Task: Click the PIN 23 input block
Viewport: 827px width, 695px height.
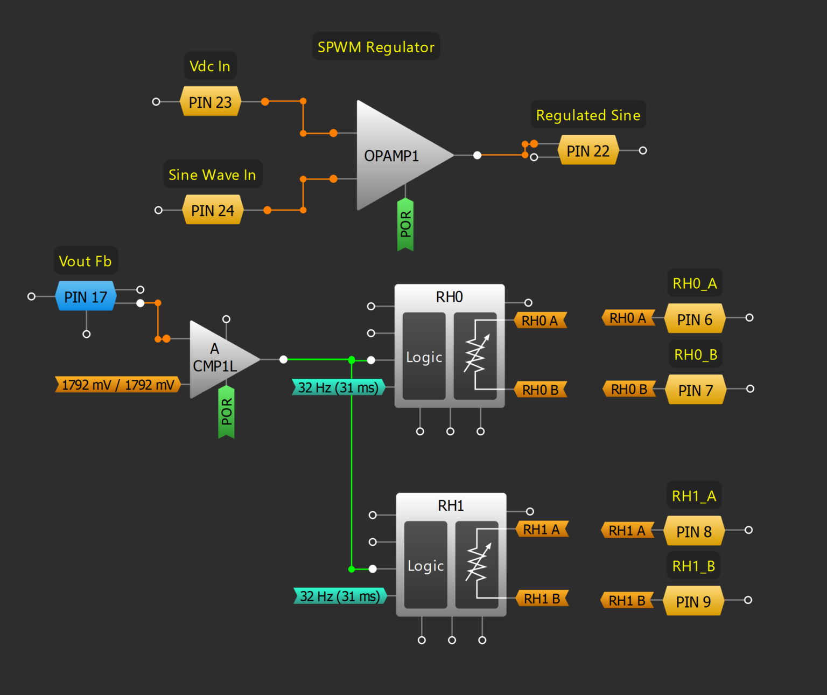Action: click(x=210, y=102)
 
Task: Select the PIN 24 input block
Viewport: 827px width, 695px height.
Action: click(x=213, y=210)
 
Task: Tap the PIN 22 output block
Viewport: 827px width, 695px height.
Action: click(x=588, y=151)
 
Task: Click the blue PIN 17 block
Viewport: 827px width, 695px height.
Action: click(x=86, y=297)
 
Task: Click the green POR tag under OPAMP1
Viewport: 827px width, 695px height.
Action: click(x=405, y=225)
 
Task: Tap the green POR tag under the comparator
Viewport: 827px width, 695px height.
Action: click(x=226, y=412)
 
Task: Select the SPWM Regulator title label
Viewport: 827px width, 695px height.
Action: click(x=376, y=47)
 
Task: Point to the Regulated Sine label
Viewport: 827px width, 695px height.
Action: click(x=588, y=115)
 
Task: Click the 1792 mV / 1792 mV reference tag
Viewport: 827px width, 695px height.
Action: click(x=118, y=385)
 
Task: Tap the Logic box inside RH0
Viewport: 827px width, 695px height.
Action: click(x=424, y=357)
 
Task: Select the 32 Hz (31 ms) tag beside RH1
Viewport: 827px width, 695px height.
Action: click(x=340, y=596)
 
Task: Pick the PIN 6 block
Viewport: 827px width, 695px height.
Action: click(x=695, y=319)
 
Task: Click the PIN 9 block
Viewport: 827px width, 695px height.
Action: click(x=693, y=601)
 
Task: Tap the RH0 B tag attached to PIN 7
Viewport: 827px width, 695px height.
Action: click(x=629, y=389)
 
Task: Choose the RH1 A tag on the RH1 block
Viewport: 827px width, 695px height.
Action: click(x=542, y=529)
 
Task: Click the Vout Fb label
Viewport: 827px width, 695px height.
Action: click(x=85, y=261)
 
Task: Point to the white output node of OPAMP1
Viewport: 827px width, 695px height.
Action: click(x=477, y=155)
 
